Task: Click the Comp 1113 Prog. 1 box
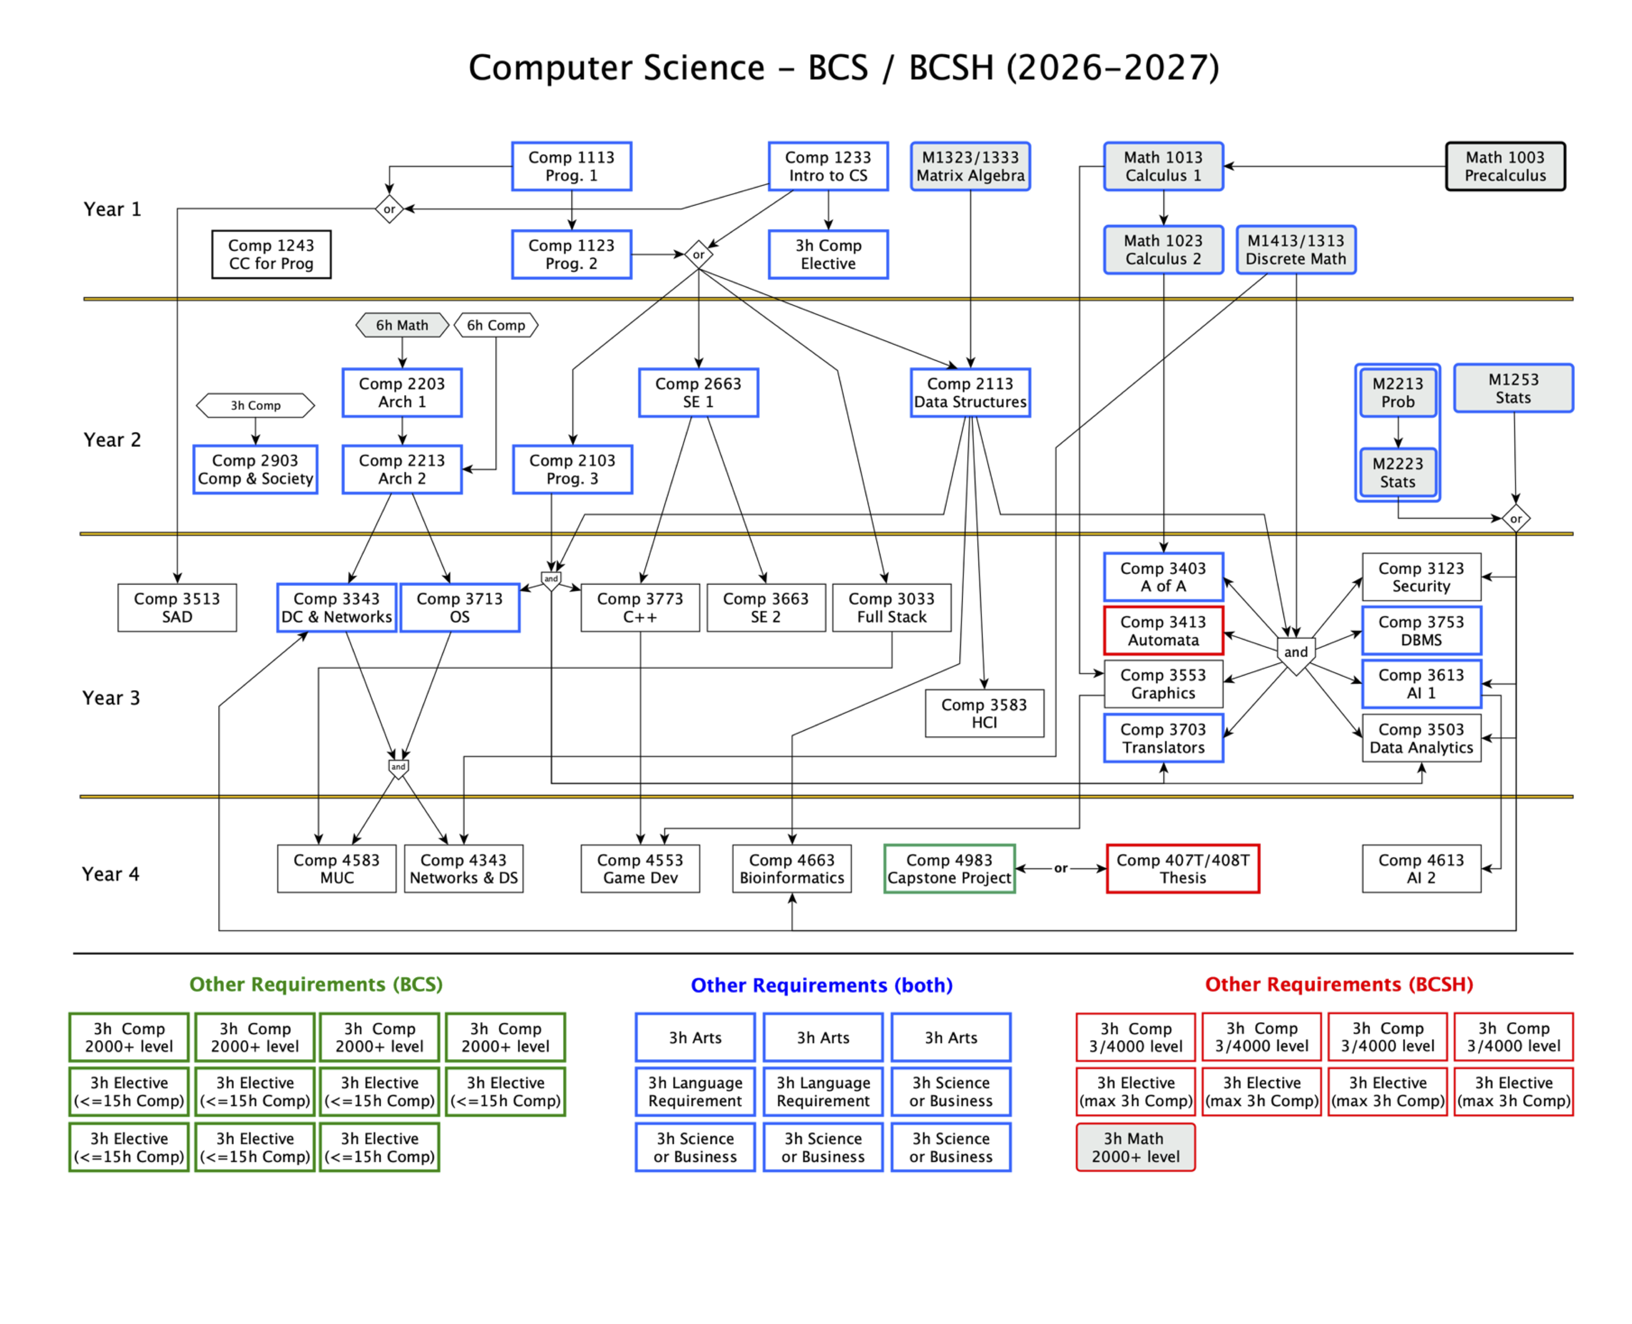571,166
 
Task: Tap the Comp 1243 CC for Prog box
271,254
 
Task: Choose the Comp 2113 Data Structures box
970,393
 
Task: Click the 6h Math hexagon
402,325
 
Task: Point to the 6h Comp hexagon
496,325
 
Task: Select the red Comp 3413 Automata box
1163,631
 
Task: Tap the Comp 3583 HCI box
984,713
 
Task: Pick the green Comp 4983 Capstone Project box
949,869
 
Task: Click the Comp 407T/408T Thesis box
1183,869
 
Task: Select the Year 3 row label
111,698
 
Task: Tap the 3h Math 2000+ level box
1136,1147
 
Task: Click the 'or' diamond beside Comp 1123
699,254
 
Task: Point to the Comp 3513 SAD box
177,608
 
